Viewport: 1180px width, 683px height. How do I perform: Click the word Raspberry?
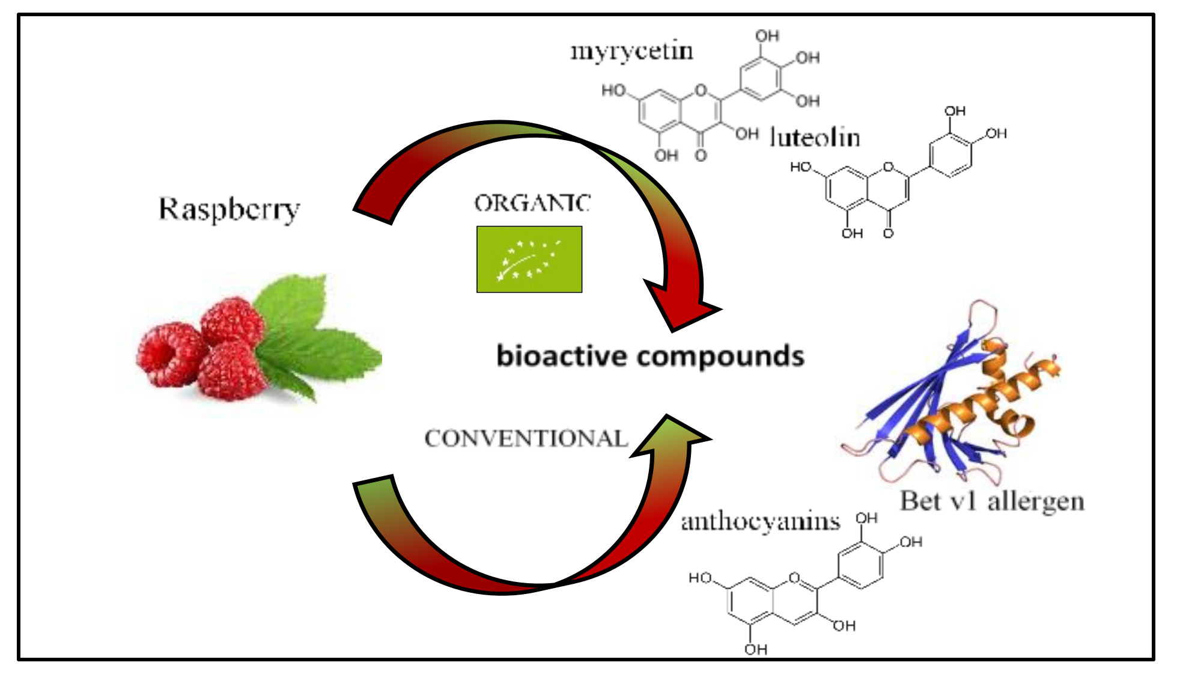tap(229, 210)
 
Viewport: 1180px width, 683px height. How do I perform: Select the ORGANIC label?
tap(532, 203)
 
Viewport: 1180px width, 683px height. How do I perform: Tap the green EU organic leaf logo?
tap(529, 259)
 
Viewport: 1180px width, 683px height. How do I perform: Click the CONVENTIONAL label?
tap(526, 438)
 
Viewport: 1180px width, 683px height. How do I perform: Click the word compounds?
tap(720, 357)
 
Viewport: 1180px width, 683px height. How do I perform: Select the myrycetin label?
tap(631, 51)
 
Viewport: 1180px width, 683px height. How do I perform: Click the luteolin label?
tap(815, 138)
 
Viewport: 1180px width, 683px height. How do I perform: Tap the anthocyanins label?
tap(760, 521)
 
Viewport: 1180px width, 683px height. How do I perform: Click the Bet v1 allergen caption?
tap(991, 501)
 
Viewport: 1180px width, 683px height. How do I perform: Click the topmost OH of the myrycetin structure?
tap(767, 36)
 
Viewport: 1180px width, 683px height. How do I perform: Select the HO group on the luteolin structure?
tap(800, 167)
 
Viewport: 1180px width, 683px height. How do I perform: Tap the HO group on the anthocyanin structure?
tap(700, 578)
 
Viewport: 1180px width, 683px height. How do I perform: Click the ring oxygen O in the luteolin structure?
tap(888, 167)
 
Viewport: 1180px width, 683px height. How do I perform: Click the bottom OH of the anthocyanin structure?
tap(755, 649)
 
